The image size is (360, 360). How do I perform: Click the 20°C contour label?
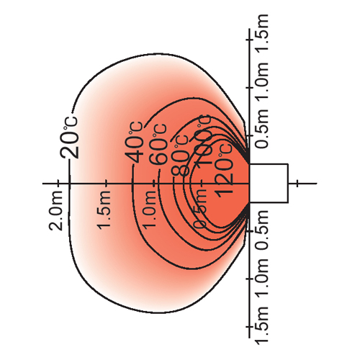coord(69,138)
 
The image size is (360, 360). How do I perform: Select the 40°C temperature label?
coord(134,143)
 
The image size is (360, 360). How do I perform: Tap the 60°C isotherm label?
coord(158,145)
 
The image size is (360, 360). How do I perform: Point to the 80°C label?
coord(179,156)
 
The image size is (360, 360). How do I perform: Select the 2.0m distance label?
coord(55,211)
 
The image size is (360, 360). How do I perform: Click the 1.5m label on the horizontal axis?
coord(104,210)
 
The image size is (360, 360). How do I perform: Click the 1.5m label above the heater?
coord(261,33)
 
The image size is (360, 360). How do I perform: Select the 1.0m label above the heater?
coord(261,82)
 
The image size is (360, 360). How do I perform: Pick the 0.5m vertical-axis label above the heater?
coord(261,129)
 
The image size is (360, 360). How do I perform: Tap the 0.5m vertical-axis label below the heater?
coord(261,230)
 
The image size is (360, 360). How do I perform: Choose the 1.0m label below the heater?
coord(261,278)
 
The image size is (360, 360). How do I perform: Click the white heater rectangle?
coord(269,184)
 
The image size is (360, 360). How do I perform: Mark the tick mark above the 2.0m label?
coord(58,184)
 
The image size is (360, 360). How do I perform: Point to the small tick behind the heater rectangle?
coord(297,184)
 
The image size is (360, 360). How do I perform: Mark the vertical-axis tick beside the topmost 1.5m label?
coord(250,39)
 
